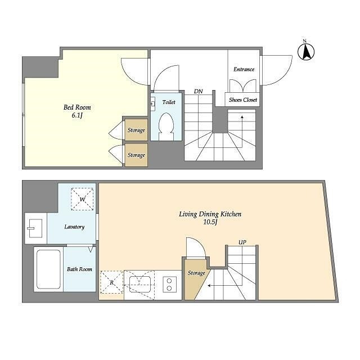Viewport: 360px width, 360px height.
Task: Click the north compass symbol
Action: pos(306,51)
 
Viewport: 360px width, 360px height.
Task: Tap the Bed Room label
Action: pos(77,107)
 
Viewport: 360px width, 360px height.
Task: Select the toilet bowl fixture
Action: pos(166,126)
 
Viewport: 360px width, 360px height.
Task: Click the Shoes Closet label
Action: pos(242,100)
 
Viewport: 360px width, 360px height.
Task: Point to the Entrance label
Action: pos(244,69)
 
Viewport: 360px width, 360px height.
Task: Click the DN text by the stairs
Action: pos(199,91)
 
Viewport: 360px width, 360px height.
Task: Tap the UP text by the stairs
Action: pos(242,242)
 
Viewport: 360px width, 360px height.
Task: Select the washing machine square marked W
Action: pos(82,199)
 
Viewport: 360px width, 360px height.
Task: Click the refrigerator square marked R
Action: pos(112,282)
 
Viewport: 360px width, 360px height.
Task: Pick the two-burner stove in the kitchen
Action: pos(169,285)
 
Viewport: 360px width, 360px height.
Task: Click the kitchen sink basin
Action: pos(140,284)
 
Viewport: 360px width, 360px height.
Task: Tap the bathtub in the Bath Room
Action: pos(48,269)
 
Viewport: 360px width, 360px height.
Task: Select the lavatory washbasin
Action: pos(35,228)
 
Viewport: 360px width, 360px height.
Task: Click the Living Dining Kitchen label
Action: pos(210,214)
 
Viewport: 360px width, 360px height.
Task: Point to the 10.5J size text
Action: pos(210,223)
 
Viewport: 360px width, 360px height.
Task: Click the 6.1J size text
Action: pos(77,115)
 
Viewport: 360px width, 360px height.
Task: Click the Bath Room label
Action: pos(79,269)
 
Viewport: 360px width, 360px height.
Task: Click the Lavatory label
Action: pos(74,227)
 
